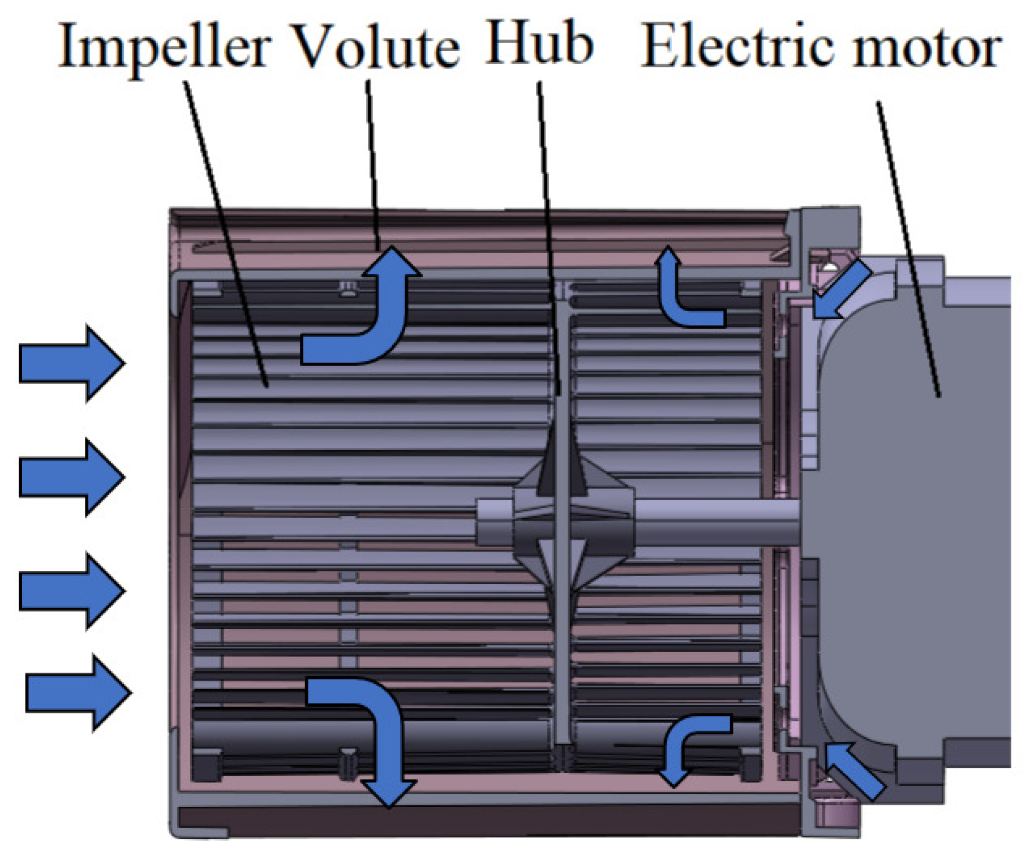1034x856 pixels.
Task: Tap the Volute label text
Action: point(377,48)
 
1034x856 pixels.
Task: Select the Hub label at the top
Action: point(539,44)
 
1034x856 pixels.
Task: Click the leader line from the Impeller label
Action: point(226,238)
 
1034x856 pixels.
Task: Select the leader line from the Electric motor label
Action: point(908,249)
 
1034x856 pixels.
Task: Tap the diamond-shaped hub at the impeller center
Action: point(572,521)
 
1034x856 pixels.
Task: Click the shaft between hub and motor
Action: point(713,522)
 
